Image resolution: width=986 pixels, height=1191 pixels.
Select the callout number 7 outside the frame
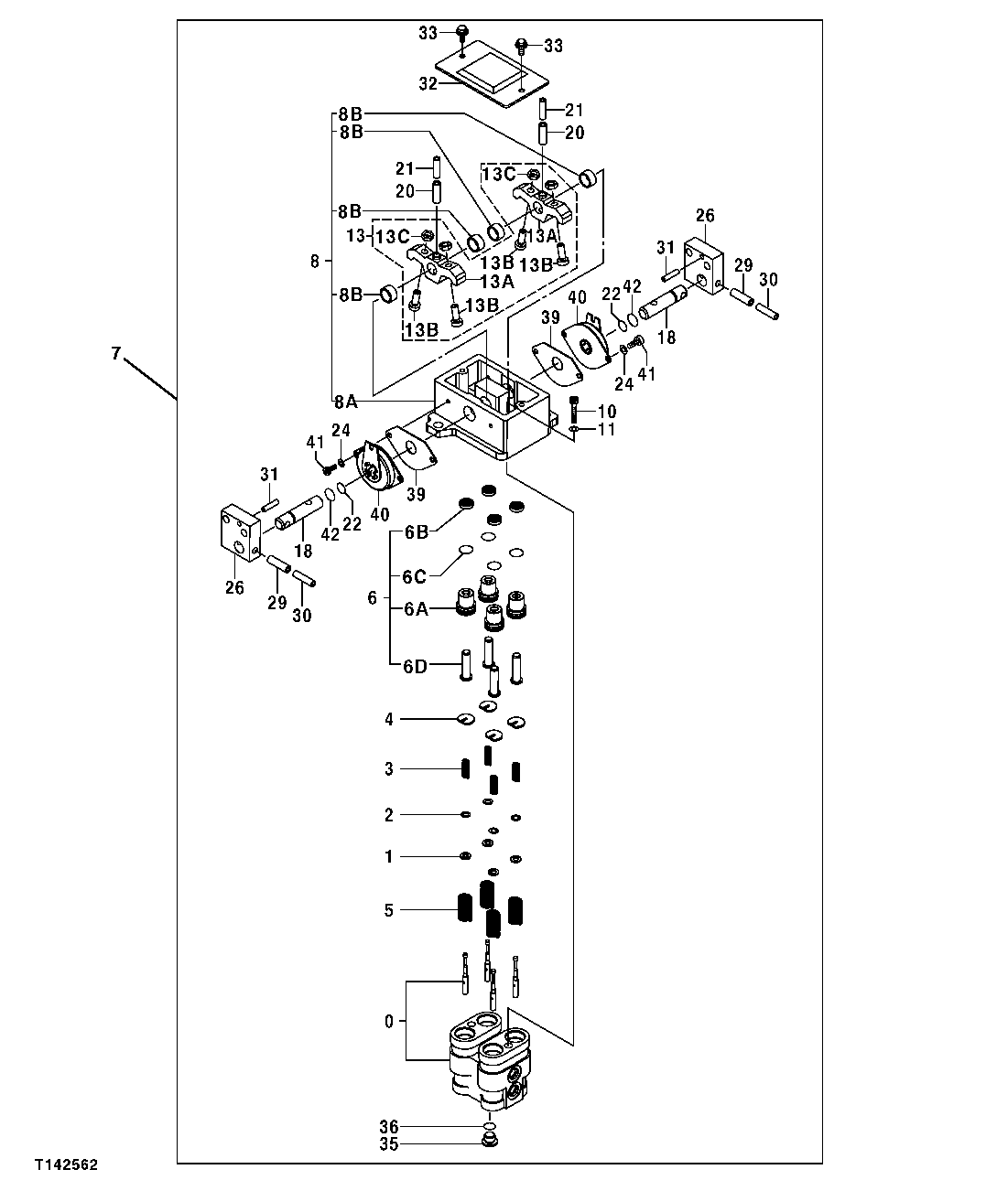click(115, 353)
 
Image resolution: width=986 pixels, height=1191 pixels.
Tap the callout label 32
click(428, 83)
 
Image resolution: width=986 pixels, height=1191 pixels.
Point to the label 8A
click(346, 401)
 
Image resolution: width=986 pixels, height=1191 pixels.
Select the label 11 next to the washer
click(607, 429)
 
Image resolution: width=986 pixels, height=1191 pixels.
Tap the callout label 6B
click(416, 531)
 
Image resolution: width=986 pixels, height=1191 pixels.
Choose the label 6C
click(416, 577)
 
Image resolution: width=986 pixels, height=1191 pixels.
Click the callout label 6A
click(416, 608)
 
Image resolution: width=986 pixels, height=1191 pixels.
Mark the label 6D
click(416, 665)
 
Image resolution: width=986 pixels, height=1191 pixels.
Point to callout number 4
click(389, 720)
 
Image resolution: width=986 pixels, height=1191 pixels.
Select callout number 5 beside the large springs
click(389, 910)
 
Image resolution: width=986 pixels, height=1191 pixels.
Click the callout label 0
click(389, 1021)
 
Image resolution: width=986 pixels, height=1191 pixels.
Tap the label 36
click(389, 1126)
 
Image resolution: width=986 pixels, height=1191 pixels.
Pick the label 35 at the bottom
click(389, 1143)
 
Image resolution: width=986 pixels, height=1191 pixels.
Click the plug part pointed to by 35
click(491, 1142)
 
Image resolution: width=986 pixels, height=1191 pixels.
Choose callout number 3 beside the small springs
click(389, 769)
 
